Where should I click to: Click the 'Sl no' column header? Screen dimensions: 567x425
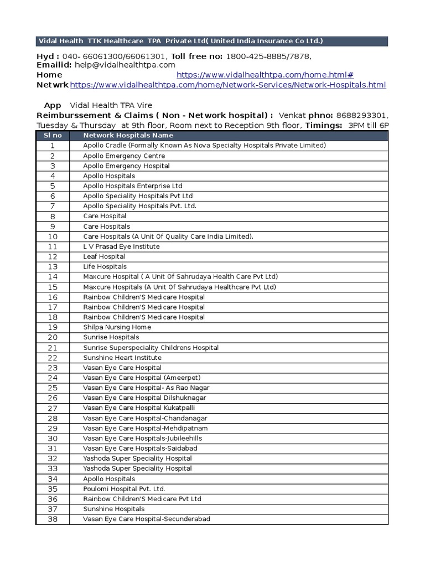(53, 135)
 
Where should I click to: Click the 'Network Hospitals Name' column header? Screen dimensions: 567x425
(128, 135)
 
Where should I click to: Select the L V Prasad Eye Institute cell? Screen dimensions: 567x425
(121, 246)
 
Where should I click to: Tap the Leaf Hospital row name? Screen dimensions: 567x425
(104, 256)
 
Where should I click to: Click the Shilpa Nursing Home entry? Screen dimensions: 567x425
(117, 327)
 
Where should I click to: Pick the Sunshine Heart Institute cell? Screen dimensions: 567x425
(122, 358)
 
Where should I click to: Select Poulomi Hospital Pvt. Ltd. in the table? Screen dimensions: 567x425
(124, 489)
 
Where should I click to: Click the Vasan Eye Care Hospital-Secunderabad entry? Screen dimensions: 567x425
(147, 519)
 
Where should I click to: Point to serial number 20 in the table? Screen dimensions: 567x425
(53, 337)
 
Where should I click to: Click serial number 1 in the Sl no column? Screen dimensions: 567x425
(53, 146)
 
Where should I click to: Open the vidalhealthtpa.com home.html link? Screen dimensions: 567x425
(265, 75)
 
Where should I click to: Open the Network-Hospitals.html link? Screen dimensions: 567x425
(228, 85)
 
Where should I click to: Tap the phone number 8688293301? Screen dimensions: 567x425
(361, 115)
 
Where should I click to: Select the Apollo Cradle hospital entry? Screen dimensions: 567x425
(204, 146)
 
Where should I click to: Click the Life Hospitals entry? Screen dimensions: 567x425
(105, 267)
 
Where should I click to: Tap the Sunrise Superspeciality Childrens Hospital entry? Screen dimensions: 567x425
(151, 348)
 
